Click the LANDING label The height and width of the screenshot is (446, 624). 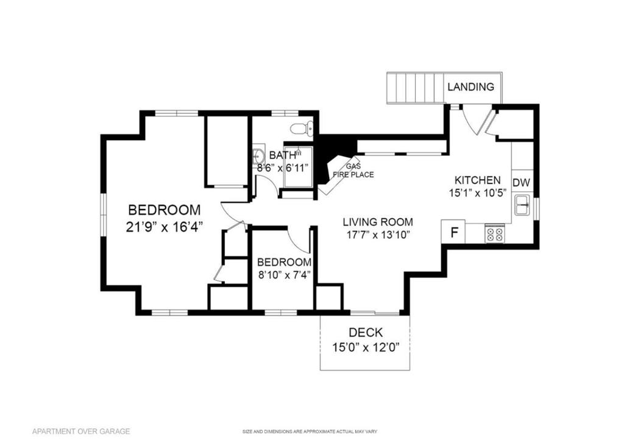[x=470, y=87]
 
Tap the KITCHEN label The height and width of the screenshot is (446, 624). [x=478, y=180]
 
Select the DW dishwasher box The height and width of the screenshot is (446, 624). [x=520, y=183]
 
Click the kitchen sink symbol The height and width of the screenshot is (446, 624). [x=522, y=206]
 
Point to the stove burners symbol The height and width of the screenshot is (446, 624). [x=494, y=235]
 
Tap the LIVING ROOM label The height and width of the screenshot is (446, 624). [x=377, y=222]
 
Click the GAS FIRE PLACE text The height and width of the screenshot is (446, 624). [x=353, y=171]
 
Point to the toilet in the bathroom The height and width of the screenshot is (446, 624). [x=301, y=129]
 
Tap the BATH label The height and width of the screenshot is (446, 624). [x=282, y=155]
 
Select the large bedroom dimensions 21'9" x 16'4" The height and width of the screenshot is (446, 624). [x=164, y=226]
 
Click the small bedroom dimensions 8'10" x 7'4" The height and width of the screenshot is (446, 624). [x=284, y=274]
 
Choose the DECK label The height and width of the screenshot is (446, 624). [x=366, y=333]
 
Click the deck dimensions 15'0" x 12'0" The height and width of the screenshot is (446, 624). [x=366, y=348]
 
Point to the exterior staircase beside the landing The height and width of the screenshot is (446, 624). [x=414, y=88]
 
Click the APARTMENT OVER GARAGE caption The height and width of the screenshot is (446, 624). [x=81, y=431]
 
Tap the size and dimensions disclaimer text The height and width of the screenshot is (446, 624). [x=310, y=432]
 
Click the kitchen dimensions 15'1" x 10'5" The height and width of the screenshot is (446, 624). [x=478, y=193]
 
